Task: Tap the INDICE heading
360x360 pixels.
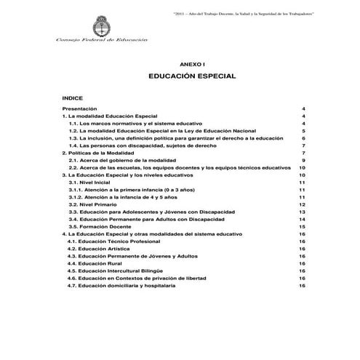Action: (x=73, y=96)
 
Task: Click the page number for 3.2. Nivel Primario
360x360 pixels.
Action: (x=301, y=205)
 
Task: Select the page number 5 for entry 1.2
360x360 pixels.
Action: (x=302, y=130)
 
